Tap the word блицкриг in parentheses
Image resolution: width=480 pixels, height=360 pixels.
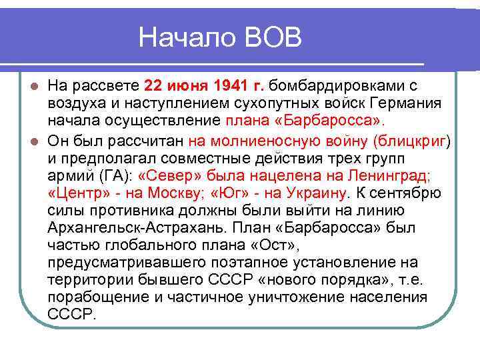coord(411,141)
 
